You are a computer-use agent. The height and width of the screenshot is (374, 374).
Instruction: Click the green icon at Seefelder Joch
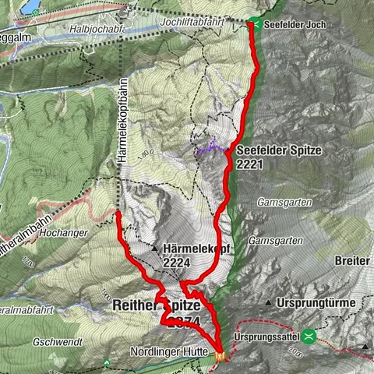[x=255, y=23]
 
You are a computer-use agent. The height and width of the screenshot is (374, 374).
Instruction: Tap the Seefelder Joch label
[x=295, y=24]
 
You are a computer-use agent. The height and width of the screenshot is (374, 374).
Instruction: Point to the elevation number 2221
[x=254, y=164]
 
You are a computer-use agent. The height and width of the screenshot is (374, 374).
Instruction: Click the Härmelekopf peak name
[x=190, y=249]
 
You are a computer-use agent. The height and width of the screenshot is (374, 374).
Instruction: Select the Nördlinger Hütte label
[x=171, y=351]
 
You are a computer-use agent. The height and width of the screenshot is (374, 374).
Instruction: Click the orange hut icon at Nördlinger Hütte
[x=221, y=355]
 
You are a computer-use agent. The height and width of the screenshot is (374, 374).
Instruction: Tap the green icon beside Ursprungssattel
[x=310, y=337]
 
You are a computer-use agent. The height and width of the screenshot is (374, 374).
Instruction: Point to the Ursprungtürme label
[x=316, y=302]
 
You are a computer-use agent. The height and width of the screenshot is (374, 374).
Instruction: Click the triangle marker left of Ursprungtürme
[x=268, y=302]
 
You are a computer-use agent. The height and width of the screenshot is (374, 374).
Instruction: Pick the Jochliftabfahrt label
[x=193, y=25]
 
